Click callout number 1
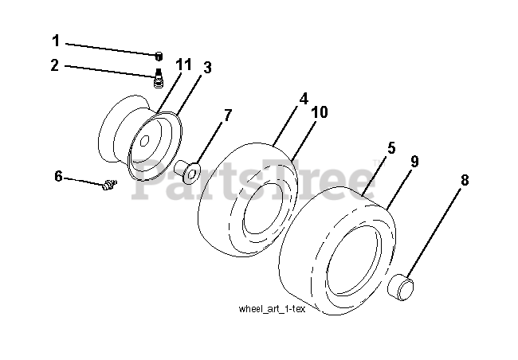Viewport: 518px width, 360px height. pos(56,40)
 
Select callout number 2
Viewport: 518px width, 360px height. pos(54,65)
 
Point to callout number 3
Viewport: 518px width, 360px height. pos(206,68)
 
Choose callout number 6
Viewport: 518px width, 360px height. pos(58,176)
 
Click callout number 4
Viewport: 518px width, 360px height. pos(304,100)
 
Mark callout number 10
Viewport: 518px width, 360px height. pos(320,113)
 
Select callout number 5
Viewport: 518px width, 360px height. pos(391,148)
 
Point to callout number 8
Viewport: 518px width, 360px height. pos(465,180)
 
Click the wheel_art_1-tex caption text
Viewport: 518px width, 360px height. pos(271,310)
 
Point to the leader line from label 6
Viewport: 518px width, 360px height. pos(83,181)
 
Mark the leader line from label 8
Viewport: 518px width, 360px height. pos(437,233)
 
